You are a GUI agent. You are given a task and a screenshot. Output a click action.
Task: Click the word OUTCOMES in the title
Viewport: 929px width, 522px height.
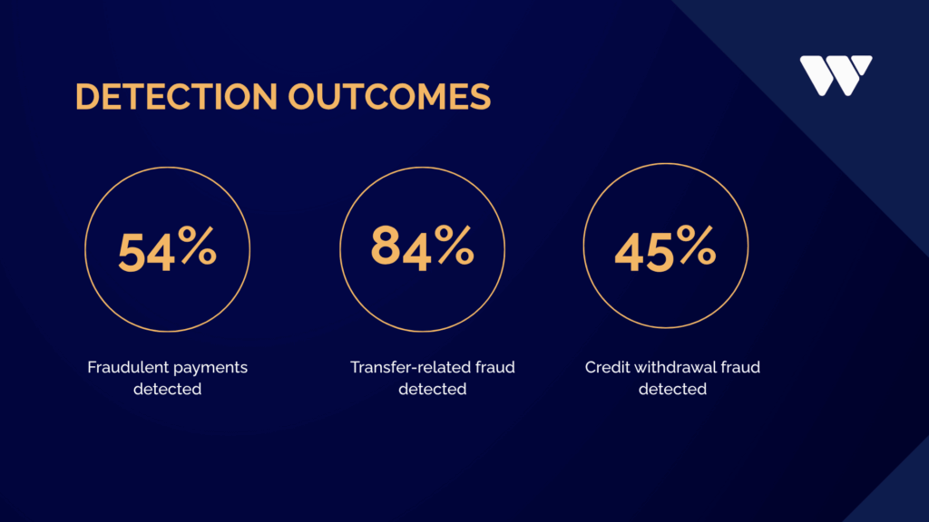pyautogui.click(x=389, y=96)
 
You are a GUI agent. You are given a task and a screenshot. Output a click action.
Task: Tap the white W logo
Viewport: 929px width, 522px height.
pyautogui.click(x=836, y=75)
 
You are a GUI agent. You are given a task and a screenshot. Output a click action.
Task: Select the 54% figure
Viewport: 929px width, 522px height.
pyautogui.click(x=168, y=250)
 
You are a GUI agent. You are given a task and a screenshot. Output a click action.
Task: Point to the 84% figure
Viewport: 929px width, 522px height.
pyautogui.click(x=423, y=246)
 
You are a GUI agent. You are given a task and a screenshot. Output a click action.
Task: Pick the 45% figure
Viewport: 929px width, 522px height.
pyautogui.click(x=665, y=248)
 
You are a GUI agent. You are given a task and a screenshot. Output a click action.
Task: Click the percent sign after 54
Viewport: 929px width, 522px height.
pyautogui.click(x=198, y=246)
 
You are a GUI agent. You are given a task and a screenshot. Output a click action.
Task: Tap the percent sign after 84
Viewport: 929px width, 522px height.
pyautogui.click(x=455, y=244)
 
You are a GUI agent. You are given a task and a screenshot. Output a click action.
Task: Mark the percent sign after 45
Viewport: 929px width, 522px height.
pyautogui.click(x=697, y=245)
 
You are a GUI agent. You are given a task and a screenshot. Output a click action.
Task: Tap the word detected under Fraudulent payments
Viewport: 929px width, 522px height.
pyautogui.click(x=167, y=389)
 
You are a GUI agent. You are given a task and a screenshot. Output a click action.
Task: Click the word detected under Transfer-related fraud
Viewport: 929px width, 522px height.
pyautogui.click(x=433, y=389)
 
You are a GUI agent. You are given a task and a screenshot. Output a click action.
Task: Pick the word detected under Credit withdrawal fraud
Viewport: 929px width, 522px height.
pyautogui.click(x=672, y=389)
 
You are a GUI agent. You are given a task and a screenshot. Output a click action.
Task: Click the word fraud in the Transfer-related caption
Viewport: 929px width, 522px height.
pyautogui.click(x=495, y=367)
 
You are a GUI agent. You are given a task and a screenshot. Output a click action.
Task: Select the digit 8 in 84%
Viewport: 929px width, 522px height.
pyautogui.click(x=385, y=246)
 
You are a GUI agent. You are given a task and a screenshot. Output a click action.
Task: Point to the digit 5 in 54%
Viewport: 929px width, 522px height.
pyautogui.click(x=132, y=252)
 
